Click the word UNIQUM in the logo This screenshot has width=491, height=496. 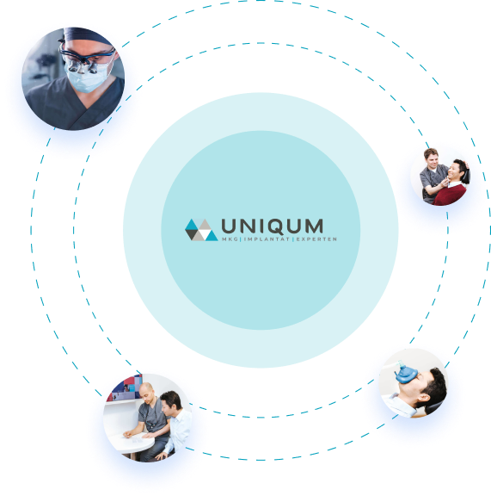point(272,226)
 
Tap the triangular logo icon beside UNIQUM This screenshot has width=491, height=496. point(201,230)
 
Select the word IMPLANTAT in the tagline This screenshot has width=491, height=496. point(267,239)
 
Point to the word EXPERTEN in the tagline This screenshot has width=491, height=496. point(316,239)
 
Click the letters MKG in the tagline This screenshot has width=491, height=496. point(230,239)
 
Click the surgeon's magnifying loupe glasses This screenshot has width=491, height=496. point(84,59)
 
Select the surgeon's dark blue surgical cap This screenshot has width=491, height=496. point(86,35)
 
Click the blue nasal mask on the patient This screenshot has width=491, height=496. point(407,374)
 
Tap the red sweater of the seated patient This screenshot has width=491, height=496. point(450,195)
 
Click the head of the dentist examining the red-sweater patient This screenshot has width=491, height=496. point(431,158)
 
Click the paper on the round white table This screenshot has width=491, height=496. point(133,437)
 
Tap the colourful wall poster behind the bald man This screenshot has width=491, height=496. point(126,387)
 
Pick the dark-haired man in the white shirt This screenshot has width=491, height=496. point(175,421)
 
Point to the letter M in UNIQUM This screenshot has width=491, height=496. point(313,226)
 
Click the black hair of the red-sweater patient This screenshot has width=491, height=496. point(462,169)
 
